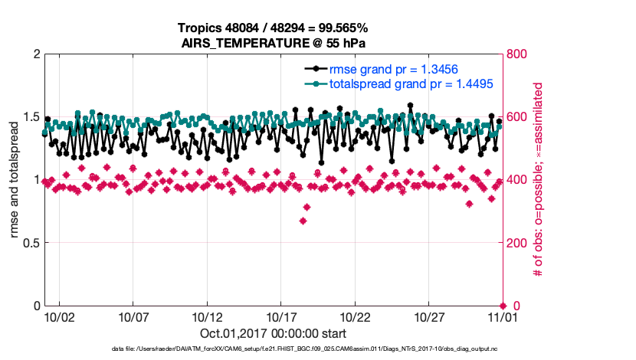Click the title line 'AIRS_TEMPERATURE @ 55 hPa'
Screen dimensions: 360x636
pyautogui.click(x=273, y=43)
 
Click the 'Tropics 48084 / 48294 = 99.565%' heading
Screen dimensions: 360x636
pyautogui.click(x=273, y=29)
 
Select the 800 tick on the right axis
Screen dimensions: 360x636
pyautogui.click(x=517, y=54)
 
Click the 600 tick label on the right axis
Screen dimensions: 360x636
pyautogui.click(x=517, y=117)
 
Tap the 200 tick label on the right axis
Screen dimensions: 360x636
pyautogui.click(x=517, y=243)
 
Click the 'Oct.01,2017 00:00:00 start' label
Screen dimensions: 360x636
pyautogui.click(x=273, y=333)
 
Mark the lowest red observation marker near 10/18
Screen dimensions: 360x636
pyautogui.click(x=303, y=221)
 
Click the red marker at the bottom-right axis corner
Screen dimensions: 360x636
pyautogui.click(x=503, y=306)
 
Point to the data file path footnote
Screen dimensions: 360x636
pyautogui.click(x=316, y=349)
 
